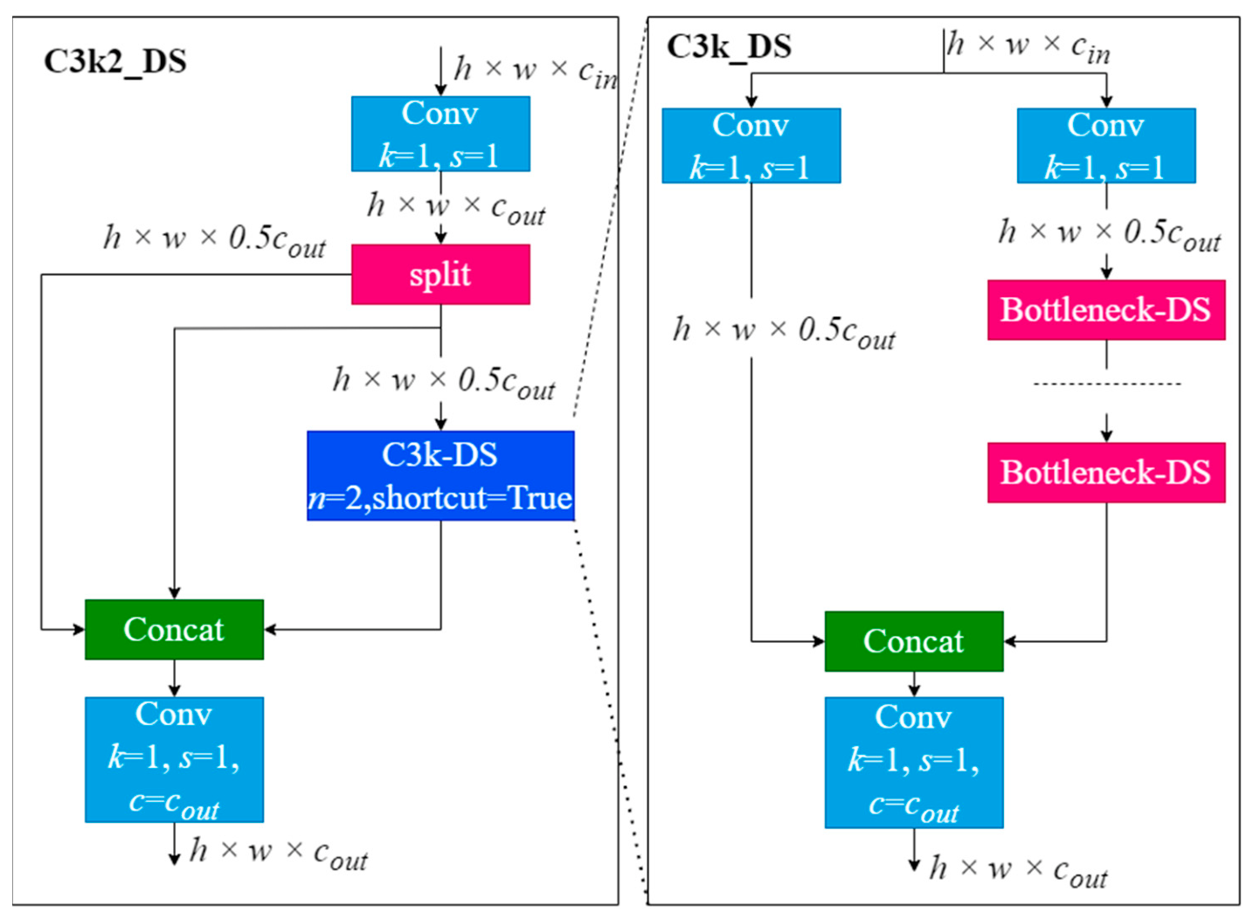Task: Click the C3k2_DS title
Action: click(x=115, y=62)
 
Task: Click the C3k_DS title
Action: click(x=729, y=47)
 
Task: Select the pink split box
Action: click(x=440, y=274)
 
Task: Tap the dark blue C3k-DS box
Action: click(x=440, y=475)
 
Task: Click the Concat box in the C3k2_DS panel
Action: click(x=175, y=629)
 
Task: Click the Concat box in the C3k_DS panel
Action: click(x=914, y=641)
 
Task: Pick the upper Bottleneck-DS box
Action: click(x=1106, y=310)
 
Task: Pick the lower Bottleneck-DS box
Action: click(x=1106, y=472)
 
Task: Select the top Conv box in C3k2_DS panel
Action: click(x=440, y=134)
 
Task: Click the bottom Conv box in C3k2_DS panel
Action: click(x=175, y=760)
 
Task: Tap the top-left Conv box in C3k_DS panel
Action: click(x=751, y=145)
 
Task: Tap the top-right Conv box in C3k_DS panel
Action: click(x=1106, y=145)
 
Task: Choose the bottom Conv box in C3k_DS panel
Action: click(x=914, y=763)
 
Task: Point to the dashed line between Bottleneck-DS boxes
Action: click(x=1107, y=383)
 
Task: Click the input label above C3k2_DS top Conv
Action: click(x=536, y=73)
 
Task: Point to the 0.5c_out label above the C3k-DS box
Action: click(x=444, y=383)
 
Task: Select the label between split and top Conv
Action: click(x=456, y=209)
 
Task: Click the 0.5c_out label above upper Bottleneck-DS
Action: click(x=1110, y=235)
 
